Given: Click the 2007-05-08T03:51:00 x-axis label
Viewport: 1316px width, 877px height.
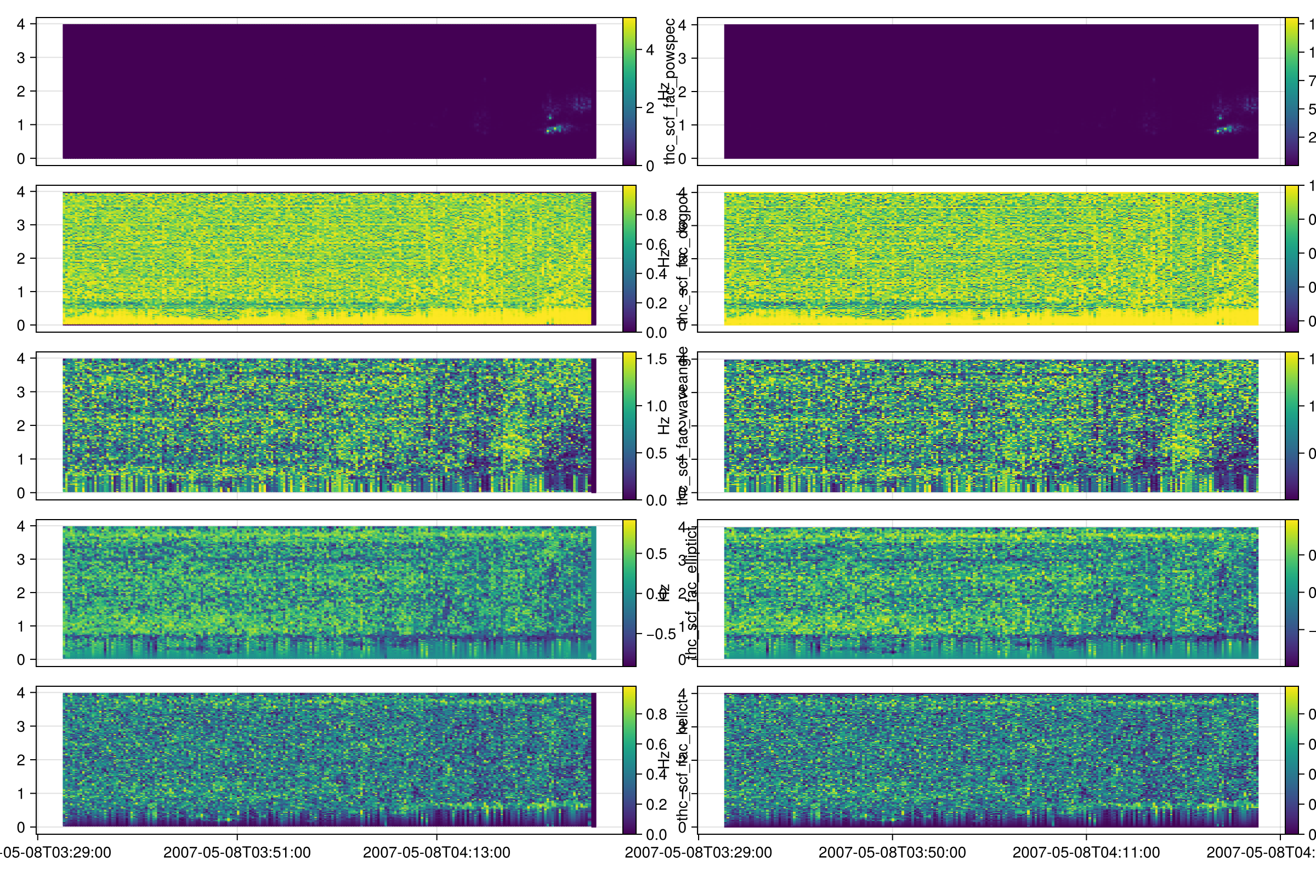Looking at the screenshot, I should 237,852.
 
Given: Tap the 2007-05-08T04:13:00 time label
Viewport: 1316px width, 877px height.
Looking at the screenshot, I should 436,852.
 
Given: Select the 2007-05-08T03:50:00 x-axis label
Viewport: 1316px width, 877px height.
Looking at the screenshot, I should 892,852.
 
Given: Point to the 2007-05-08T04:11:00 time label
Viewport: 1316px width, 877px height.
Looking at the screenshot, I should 1086,852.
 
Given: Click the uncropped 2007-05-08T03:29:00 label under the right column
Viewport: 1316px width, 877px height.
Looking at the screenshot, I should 698,852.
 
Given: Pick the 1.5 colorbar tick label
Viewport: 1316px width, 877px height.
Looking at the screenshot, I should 657,359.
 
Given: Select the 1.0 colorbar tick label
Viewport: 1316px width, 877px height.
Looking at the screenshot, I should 657,406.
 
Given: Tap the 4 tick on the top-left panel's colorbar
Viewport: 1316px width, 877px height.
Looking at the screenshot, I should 650,50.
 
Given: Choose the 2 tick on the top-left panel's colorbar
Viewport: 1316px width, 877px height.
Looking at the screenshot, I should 650,108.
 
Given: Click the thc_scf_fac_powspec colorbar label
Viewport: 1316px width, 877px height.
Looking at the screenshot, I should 670,91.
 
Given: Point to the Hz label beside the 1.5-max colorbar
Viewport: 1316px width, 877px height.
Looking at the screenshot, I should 663,426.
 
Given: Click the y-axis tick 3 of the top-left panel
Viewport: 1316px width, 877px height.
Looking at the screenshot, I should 21,58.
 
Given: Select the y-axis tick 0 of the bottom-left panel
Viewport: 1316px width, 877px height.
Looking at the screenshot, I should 21,827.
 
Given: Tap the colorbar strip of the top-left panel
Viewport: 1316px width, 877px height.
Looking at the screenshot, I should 629,91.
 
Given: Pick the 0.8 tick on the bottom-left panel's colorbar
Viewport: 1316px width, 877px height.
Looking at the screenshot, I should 657,714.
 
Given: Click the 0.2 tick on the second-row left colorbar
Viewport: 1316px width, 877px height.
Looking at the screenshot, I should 657,303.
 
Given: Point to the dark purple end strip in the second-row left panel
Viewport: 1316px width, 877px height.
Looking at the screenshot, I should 594,258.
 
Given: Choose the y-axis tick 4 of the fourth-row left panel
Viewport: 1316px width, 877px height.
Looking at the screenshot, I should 21,526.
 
